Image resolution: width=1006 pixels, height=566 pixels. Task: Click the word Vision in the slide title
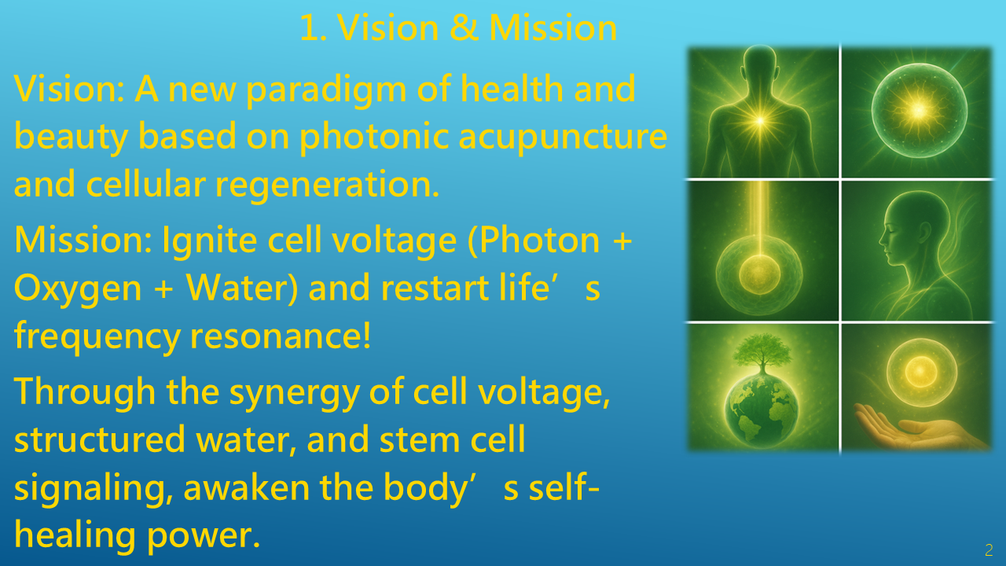pyautogui.click(x=387, y=28)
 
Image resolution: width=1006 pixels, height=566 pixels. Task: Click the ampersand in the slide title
pyautogui.click(x=464, y=28)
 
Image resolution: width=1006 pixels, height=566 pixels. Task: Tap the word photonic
pyautogui.click(x=374, y=138)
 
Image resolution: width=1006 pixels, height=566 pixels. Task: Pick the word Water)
pyautogui.click(x=241, y=288)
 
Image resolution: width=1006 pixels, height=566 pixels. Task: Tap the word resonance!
pyautogui.click(x=281, y=336)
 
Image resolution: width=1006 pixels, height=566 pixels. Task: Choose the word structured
pyautogui.click(x=99, y=439)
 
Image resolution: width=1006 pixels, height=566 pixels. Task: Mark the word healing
pyautogui.click(x=75, y=535)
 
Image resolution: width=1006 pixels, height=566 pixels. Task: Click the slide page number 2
pyautogui.click(x=989, y=549)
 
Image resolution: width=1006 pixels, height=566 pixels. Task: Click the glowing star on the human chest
pyautogui.click(x=760, y=120)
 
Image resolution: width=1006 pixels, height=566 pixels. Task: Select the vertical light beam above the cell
pyautogui.click(x=759, y=218)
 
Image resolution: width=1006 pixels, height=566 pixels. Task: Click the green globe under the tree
pyautogui.click(x=762, y=410)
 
